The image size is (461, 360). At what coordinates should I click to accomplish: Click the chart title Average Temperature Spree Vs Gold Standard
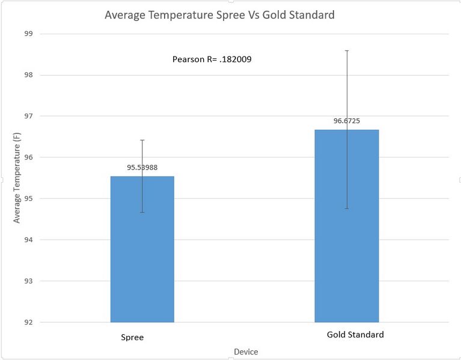tap(219, 15)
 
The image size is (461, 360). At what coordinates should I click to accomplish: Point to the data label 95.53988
tap(142, 168)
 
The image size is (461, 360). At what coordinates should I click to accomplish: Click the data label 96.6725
tap(347, 121)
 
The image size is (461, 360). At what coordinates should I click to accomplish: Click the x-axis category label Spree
tap(132, 338)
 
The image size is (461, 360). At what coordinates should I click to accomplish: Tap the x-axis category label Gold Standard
tap(355, 335)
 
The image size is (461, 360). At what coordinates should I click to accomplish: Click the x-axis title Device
tap(246, 352)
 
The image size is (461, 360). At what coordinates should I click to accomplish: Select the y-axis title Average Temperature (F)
tap(17, 178)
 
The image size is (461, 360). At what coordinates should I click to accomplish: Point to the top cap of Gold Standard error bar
tap(347, 50)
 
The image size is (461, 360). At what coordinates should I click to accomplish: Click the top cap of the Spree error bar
tap(142, 140)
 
